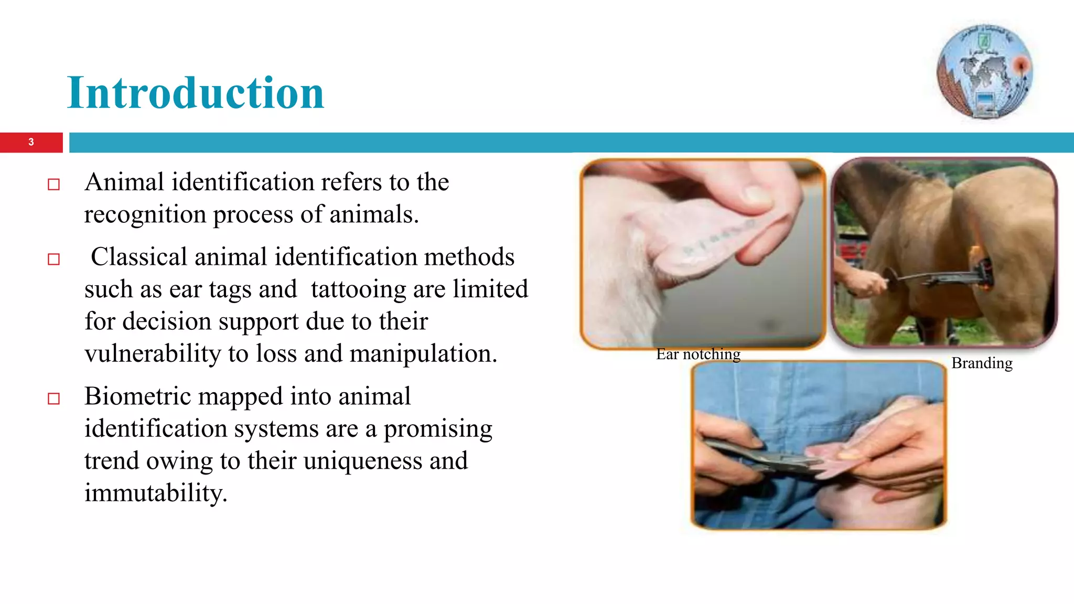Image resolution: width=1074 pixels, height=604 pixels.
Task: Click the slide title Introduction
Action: click(196, 93)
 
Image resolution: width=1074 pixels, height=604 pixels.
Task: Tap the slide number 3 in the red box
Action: click(31, 142)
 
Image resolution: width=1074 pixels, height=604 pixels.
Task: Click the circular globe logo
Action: click(984, 72)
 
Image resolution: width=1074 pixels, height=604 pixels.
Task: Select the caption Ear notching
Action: click(698, 354)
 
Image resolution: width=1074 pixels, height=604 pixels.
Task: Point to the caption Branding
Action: click(982, 363)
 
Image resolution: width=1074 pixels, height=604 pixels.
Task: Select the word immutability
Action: click(155, 493)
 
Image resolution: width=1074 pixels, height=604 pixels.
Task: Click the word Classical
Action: click(139, 257)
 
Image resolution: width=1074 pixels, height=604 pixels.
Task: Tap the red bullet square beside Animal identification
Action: click(53, 185)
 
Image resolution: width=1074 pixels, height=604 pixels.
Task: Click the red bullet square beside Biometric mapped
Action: click(53, 399)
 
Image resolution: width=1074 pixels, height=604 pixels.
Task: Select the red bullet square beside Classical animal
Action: click(53, 260)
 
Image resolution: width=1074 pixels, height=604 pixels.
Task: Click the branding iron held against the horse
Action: click(939, 275)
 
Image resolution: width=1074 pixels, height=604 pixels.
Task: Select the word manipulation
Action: click(423, 354)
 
